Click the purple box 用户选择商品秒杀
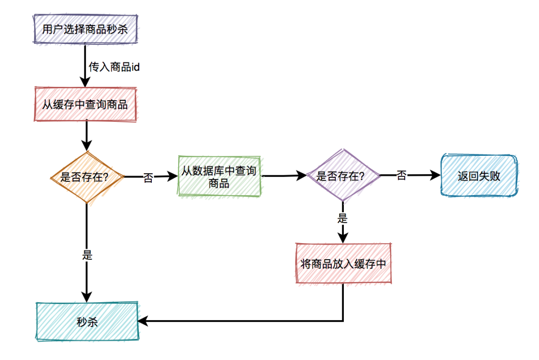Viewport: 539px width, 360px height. (x=85, y=29)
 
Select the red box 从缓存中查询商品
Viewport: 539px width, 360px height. (x=85, y=104)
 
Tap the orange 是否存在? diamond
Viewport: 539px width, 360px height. (x=87, y=177)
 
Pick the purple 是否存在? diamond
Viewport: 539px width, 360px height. (x=342, y=176)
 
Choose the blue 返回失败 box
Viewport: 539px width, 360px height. (x=479, y=176)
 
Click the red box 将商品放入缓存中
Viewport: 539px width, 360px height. (x=343, y=264)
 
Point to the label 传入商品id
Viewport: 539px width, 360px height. (x=114, y=66)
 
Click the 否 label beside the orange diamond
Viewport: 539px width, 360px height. (x=148, y=178)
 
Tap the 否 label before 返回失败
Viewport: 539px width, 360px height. (x=401, y=175)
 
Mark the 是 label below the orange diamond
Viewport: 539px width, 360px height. (x=87, y=255)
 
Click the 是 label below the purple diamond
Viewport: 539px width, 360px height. (x=343, y=218)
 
